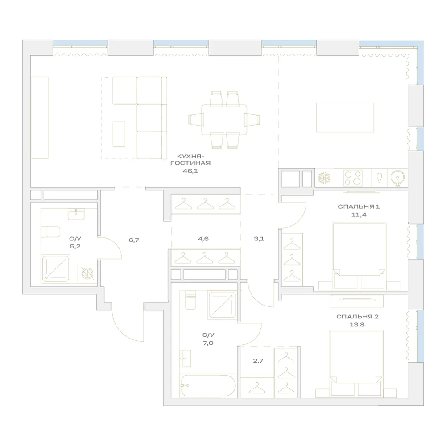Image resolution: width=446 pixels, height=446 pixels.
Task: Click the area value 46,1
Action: (x=190, y=171)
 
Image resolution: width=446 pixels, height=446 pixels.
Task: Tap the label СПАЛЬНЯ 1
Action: (x=359, y=206)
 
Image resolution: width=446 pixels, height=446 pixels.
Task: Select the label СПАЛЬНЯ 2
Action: (x=357, y=317)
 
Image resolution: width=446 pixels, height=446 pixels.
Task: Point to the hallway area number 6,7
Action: (x=134, y=240)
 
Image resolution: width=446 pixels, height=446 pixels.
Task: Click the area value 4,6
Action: (x=203, y=239)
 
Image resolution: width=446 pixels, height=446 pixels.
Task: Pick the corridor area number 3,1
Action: (x=259, y=239)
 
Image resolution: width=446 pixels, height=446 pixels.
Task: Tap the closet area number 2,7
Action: (x=258, y=361)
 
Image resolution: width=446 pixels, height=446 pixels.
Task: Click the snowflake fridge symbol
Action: (x=324, y=178)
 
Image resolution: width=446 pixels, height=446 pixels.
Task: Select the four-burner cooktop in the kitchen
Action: (x=353, y=178)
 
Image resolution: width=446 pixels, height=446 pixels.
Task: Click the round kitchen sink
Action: (x=398, y=178)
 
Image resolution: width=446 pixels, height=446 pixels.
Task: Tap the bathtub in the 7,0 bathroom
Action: (x=208, y=385)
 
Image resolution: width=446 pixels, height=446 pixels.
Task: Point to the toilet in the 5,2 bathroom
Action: (x=50, y=232)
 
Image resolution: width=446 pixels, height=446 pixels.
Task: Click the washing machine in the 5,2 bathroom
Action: (x=87, y=273)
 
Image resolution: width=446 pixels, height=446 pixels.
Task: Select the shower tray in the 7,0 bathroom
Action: (x=222, y=305)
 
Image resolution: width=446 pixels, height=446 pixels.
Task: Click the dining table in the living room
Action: (x=224, y=120)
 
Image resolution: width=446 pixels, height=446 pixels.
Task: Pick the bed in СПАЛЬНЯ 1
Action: (x=359, y=256)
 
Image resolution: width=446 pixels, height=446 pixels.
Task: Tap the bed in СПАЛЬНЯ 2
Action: (x=356, y=363)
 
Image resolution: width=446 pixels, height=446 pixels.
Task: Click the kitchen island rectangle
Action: (x=345, y=118)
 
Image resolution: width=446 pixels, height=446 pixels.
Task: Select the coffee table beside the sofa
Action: (x=119, y=134)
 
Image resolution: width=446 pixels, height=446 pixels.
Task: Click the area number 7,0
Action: (x=208, y=343)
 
